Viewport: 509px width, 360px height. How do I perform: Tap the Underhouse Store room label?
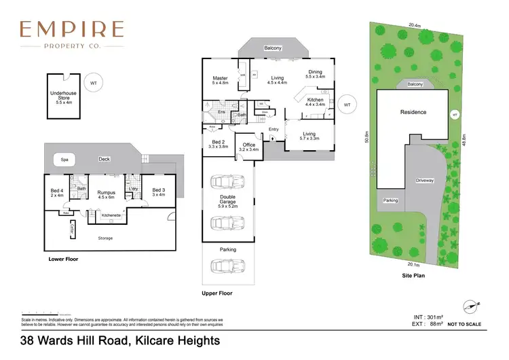pyautogui.click(x=63, y=97)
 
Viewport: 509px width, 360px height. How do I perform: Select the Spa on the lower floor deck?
pyautogui.click(x=65, y=160)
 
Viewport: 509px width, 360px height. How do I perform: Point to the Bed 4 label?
pyautogui.click(x=57, y=192)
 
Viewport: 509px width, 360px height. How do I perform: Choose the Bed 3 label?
pyautogui.click(x=158, y=192)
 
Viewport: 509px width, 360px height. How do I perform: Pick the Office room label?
pyautogui.click(x=250, y=146)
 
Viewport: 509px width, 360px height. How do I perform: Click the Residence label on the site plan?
pyautogui.click(x=413, y=112)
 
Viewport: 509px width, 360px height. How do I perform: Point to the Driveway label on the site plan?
pyautogui.click(x=425, y=181)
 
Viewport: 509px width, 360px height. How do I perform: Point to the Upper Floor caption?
pyautogui.click(x=218, y=293)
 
